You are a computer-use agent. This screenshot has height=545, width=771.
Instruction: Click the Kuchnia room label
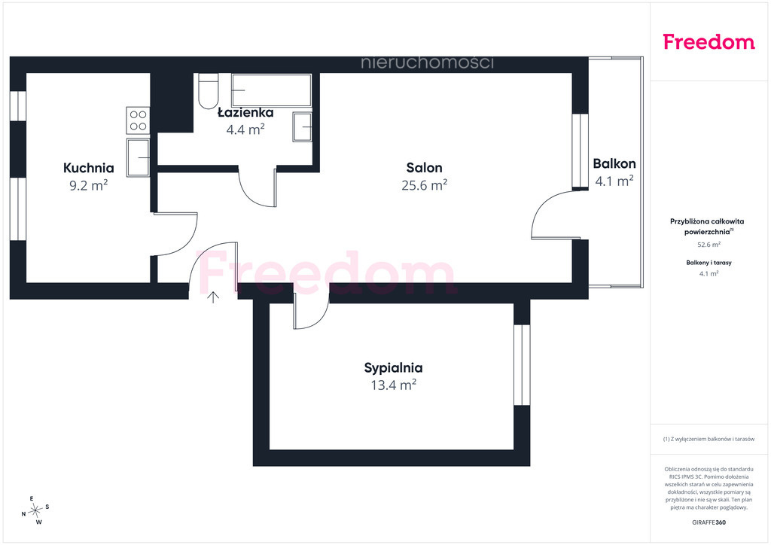(x=89, y=168)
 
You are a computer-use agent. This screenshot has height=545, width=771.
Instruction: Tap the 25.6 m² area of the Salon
(x=425, y=185)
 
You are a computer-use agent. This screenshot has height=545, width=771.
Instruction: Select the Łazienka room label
(x=245, y=113)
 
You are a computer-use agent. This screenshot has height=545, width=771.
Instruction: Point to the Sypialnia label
(x=393, y=368)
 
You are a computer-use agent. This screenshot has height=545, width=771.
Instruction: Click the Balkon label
(x=614, y=163)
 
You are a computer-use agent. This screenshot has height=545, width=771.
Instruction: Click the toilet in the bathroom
(x=209, y=91)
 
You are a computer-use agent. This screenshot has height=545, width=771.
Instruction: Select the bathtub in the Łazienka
(x=271, y=90)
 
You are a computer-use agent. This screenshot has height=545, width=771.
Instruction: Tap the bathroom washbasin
(x=303, y=126)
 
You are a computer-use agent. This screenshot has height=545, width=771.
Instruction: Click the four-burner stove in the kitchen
(x=139, y=120)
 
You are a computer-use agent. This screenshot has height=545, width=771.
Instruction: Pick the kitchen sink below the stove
(x=139, y=157)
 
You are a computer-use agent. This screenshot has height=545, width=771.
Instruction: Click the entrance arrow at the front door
(x=213, y=297)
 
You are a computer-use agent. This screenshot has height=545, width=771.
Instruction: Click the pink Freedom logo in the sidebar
(x=709, y=42)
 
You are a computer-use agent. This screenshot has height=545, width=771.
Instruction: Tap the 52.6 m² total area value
(x=709, y=244)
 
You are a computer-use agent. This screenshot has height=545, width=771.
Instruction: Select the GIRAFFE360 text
(x=709, y=522)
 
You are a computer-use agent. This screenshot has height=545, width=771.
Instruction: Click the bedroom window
(x=523, y=364)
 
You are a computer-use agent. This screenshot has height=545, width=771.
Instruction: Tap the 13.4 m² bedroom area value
(x=393, y=385)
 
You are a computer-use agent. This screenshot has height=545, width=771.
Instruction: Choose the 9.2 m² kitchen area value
(x=89, y=185)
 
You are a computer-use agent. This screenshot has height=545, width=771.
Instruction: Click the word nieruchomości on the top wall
(x=428, y=63)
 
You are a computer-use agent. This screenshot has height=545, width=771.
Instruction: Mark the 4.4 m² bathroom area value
(x=245, y=129)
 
